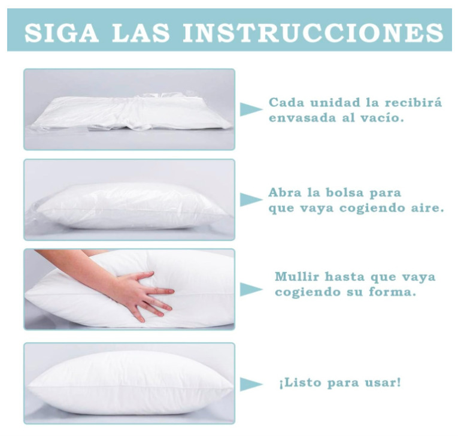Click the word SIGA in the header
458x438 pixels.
61,32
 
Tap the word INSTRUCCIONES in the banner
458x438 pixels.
313,32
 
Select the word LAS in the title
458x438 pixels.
141,32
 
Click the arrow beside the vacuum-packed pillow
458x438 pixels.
251,110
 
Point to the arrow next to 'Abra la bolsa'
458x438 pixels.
251,200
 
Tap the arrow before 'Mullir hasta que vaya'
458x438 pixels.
251,289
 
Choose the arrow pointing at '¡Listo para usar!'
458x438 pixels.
251,384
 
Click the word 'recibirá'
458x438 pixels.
413,102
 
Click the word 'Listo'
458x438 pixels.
303,382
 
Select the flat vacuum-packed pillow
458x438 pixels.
132,113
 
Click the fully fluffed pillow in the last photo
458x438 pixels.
130,383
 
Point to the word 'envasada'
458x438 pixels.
302,118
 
